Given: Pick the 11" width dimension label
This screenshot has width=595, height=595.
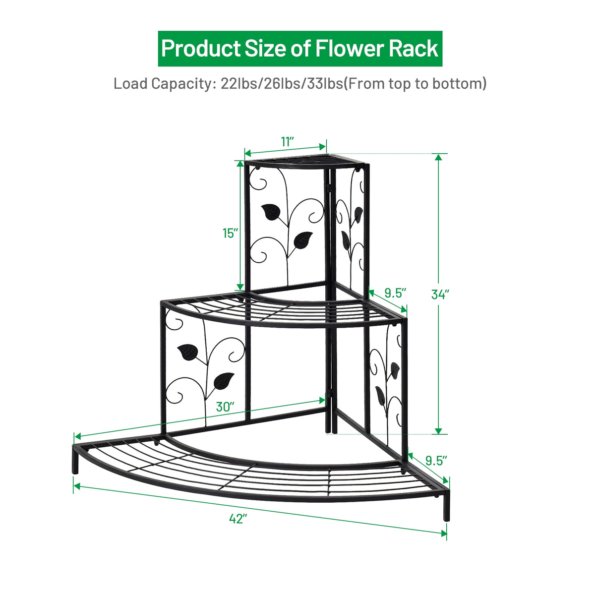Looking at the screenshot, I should click(x=288, y=141).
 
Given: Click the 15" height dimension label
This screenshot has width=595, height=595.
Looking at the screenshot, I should click(x=230, y=233).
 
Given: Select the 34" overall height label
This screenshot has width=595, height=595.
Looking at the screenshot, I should click(x=440, y=294).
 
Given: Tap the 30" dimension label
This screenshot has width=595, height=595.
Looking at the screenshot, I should click(x=225, y=407).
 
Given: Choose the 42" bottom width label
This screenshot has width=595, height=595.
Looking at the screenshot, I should click(x=238, y=519).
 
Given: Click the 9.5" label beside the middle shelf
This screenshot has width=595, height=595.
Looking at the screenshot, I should click(x=395, y=293).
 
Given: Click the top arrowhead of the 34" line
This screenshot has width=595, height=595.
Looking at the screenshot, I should click(x=438, y=157).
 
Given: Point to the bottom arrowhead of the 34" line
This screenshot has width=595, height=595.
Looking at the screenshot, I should click(x=438, y=430).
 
